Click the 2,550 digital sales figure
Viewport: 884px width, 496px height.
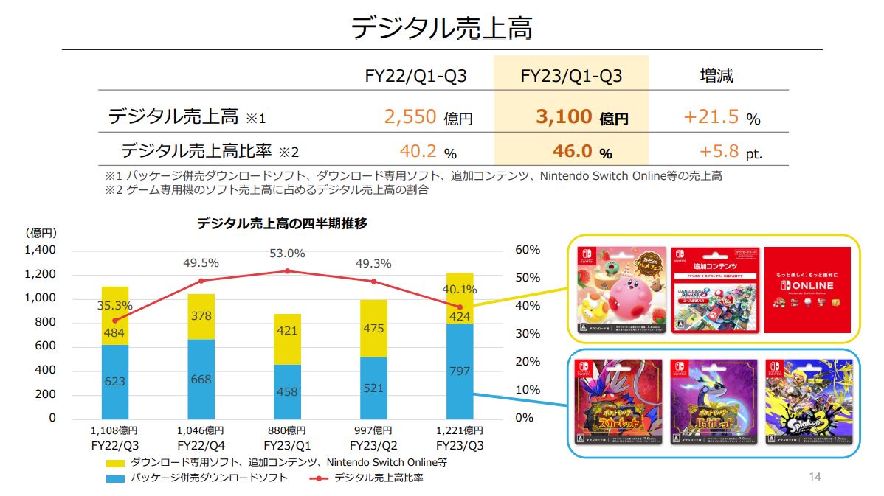(x=410, y=116)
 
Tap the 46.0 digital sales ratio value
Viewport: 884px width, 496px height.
(x=573, y=151)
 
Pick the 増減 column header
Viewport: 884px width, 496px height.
(x=716, y=75)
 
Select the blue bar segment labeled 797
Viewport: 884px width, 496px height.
(x=459, y=371)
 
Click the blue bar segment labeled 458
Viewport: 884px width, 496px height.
(x=287, y=391)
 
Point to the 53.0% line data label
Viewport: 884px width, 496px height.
(x=287, y=254)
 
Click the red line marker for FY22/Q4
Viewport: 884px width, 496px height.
(x=201, y=281)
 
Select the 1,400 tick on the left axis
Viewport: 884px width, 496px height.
(x=41, y=250)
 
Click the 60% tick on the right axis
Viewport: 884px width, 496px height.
(x=527, y=250)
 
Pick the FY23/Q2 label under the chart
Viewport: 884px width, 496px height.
(x=373, y=445)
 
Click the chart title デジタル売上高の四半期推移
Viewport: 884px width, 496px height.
(x=281, y=224)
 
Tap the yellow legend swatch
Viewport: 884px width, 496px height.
(x=116, y=463)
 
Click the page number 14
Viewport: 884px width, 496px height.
(x=814, y=477)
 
